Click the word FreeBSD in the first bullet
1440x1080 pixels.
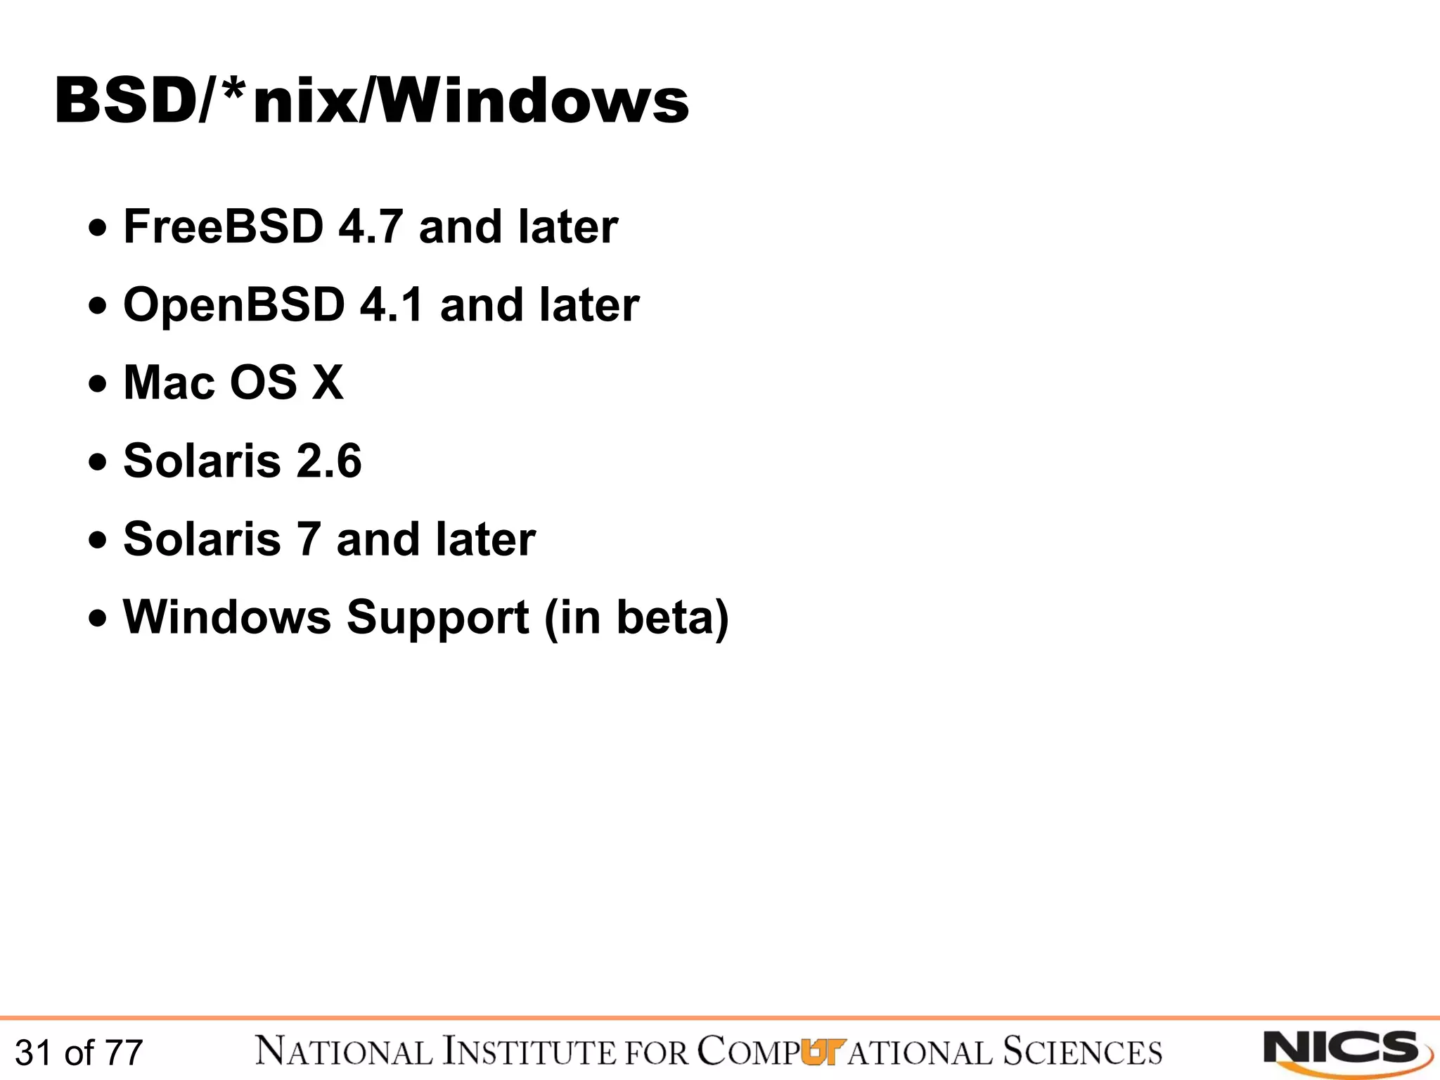(223, 227)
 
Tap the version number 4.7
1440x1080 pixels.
(371, 227)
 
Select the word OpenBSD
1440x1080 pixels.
(233, 306)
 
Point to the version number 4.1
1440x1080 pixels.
(392, 305)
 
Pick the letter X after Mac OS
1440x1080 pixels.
(328, 383)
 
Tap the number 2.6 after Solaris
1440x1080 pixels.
(328, 461)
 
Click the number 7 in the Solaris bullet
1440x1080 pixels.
(308, 539)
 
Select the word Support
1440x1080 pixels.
(437, 618)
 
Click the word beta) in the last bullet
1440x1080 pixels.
(672, 618)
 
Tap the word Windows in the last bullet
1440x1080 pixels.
(227, 617)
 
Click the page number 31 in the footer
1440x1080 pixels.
(33, 1053)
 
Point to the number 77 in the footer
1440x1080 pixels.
(124, 1053)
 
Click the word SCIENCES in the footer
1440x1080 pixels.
(1082, 1052)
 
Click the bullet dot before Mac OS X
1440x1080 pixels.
(98, 385)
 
